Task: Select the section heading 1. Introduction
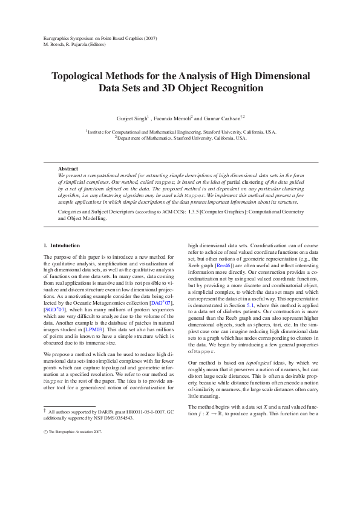coord(62,245)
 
